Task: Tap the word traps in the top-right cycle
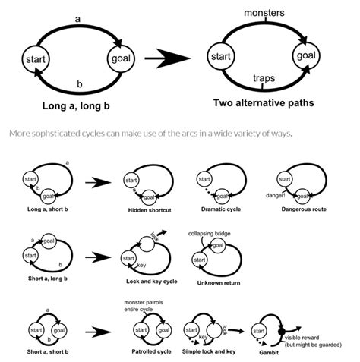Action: tap(264, 78)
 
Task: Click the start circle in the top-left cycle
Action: tap(36, 58)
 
